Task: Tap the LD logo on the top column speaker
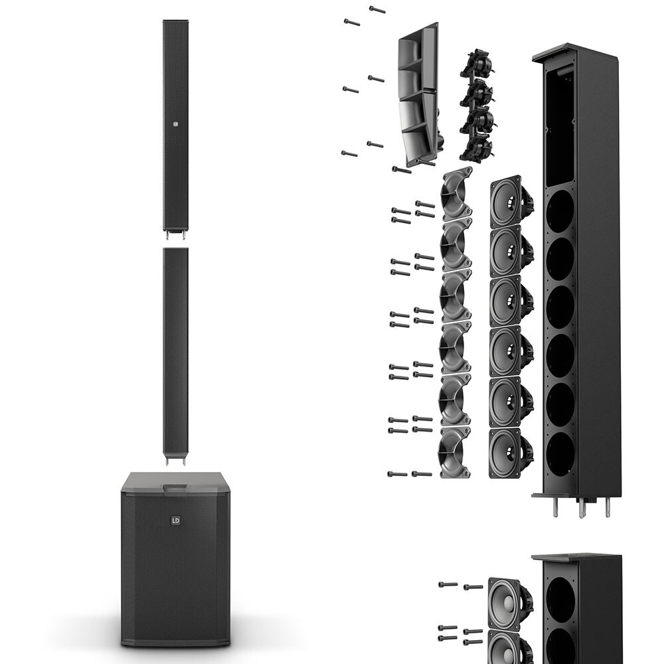click(176, 124)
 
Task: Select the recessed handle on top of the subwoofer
click(175, 488)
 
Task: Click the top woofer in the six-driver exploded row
click(511, 201)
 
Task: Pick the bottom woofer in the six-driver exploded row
click(511, 453)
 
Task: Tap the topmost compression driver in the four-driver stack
click(477, 65)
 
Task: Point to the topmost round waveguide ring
click(456, 193)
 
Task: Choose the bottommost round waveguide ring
click(454, 452)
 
